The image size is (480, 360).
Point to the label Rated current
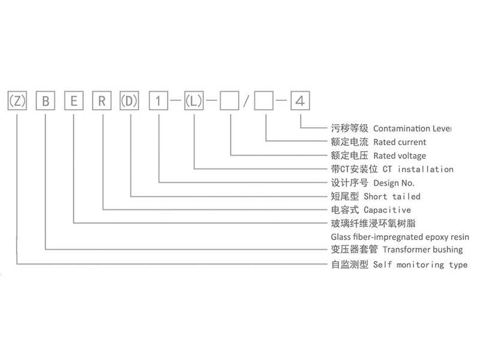(400, 142)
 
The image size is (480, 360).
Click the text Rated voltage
(400, 156)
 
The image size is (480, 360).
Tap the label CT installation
(413, 170)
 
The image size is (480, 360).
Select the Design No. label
(394, 183)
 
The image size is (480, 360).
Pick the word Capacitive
(388, 210)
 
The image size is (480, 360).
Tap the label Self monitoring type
(420, 265)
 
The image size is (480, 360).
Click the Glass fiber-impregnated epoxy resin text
(400, 237)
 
